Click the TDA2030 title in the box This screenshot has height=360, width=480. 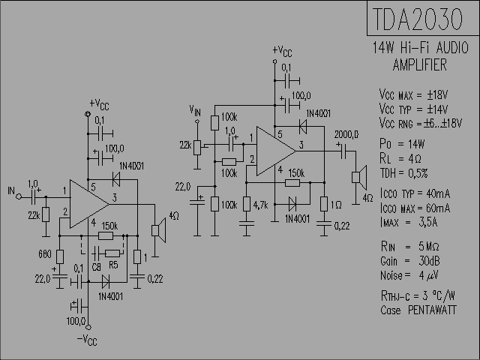(x=418, y=19)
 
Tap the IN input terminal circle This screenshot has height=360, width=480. (x=19, y=196)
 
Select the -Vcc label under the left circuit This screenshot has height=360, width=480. (x=87, y=340)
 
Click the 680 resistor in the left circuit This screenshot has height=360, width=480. (x=60, y=256)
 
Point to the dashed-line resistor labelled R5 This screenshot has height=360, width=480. (x=112, y=253)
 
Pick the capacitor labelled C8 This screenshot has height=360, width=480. (x=95, y=253)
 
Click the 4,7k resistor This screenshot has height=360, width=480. (x=247, y=204)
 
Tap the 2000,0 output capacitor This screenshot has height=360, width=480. (x=344, y=151)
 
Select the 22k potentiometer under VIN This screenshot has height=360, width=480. (x=197, y=148)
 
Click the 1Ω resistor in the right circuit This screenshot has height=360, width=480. (x=324, y=204)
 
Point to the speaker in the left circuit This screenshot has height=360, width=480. (x=158, y=230)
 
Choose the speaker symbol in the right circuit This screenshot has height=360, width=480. (x=359, y=178)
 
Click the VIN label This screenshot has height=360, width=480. (x=195, y=110)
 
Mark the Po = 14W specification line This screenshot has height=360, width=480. (x=402, y=144)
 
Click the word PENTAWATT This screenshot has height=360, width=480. (x=432, y=310)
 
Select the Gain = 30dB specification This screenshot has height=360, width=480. (x=410, y=261)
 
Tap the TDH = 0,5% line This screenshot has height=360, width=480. (x=403, y=173)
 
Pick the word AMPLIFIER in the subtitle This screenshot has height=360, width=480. (x=420, y=65)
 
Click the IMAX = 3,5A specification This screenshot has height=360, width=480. (x=409, y=222)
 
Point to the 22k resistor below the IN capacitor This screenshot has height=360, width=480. (x=46, y=214)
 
